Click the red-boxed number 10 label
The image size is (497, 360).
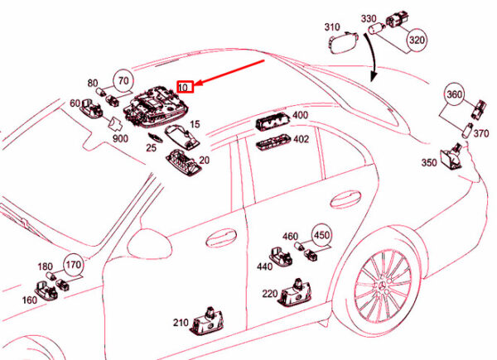coord(185,87)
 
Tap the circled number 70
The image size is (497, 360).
coord(123,80)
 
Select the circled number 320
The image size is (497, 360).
coord(417,41)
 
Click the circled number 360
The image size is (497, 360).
coord(455,94)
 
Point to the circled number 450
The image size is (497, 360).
coord(321,235)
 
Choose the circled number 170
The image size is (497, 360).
coord(74,264)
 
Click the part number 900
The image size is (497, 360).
coord(120,139)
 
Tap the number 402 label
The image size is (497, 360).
coord(302,139)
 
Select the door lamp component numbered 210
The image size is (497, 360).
coord(207,322)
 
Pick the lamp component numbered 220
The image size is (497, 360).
coord(295,293)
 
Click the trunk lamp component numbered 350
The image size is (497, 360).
coord(452,156)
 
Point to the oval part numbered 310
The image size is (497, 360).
coord(344,42)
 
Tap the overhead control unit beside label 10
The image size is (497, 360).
coord(156,108)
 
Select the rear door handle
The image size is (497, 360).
coord(345,199)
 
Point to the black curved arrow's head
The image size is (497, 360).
coord(374,77)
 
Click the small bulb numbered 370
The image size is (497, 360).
coord(467,131)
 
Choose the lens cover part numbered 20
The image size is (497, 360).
coord(184,162)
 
